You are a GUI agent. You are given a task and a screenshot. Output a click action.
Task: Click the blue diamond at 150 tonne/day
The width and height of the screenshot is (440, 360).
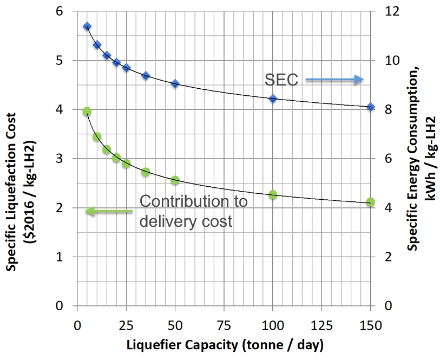371,107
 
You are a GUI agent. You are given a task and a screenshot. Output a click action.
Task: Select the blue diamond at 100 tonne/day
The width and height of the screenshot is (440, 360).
273,99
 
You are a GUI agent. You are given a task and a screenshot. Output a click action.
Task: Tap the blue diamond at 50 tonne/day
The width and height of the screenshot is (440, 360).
175,83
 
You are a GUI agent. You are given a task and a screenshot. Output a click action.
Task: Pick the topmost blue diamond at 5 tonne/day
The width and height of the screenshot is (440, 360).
87,26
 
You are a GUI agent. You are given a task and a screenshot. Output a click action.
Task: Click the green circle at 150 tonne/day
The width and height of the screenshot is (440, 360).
371,202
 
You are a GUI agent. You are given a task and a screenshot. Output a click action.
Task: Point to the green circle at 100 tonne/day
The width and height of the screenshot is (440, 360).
273,195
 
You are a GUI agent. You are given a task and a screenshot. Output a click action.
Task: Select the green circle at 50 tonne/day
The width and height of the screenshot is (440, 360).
175,180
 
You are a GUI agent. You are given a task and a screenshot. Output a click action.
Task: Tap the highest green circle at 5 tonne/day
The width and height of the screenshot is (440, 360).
87,112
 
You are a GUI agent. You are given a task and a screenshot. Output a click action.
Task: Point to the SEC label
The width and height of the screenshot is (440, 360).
281,80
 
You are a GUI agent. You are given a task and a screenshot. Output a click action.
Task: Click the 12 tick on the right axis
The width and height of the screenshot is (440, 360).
391,11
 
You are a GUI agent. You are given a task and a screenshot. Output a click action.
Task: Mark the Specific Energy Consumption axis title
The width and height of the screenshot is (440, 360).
420,157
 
